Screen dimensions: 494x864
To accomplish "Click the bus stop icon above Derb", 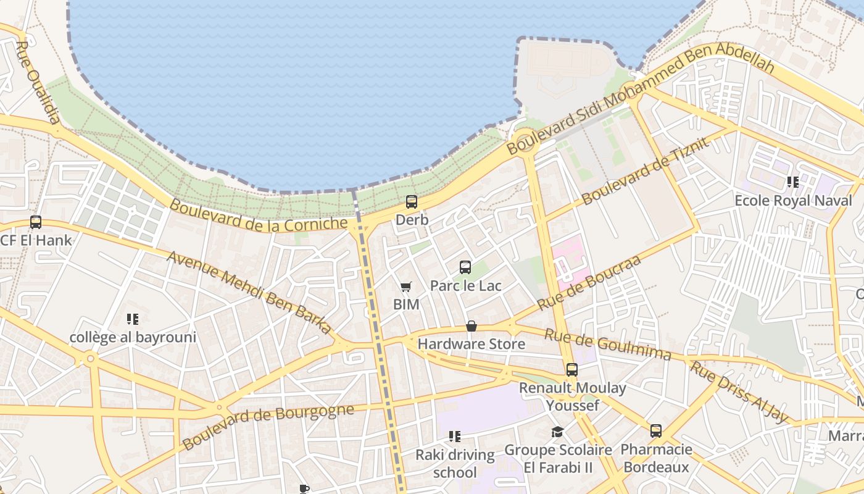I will pos(412,202).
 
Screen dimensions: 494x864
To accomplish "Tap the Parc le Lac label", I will pos(465,286).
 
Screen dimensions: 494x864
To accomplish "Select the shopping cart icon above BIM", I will pos(405,287).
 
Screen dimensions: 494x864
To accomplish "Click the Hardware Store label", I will pos(471,344).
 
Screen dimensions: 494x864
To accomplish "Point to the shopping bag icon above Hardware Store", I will pos(471,326).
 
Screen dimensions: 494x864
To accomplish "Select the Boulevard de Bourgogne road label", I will pos(268,427).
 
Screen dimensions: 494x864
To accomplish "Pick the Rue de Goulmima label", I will pos(607,344).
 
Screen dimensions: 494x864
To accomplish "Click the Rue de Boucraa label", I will pos(589,282).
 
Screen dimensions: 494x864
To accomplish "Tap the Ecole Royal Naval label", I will pos(793,201).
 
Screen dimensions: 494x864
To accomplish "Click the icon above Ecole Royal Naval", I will pos(793,182).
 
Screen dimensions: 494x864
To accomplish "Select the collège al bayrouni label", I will pos(133,337).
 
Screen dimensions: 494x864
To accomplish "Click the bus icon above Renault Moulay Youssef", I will pos(572,370).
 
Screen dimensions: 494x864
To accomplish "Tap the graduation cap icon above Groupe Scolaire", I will pos(558,432).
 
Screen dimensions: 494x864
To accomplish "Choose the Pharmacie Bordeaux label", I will pos(656,458).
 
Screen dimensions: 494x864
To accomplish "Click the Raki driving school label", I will pos(455,463).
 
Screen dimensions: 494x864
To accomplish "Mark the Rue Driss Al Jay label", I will pos(739,393).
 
